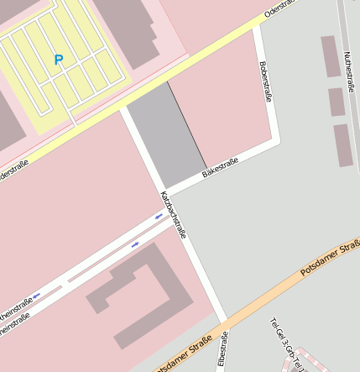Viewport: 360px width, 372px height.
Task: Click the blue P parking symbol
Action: click(58, 60)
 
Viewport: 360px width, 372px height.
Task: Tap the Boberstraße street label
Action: click(266, 81)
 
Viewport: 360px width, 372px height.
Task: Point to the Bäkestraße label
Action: click(220, 167)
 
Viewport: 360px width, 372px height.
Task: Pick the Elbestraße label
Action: click(222, 350)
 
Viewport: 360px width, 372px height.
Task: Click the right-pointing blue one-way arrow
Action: click(135, 244)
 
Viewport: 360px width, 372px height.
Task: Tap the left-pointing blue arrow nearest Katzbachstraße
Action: click(159, 217)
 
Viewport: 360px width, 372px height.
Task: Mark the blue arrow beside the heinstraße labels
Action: click(36, 296)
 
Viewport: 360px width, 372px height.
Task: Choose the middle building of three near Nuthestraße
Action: click(337, 102)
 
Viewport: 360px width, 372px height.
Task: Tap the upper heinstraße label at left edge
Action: click(15, 308)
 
